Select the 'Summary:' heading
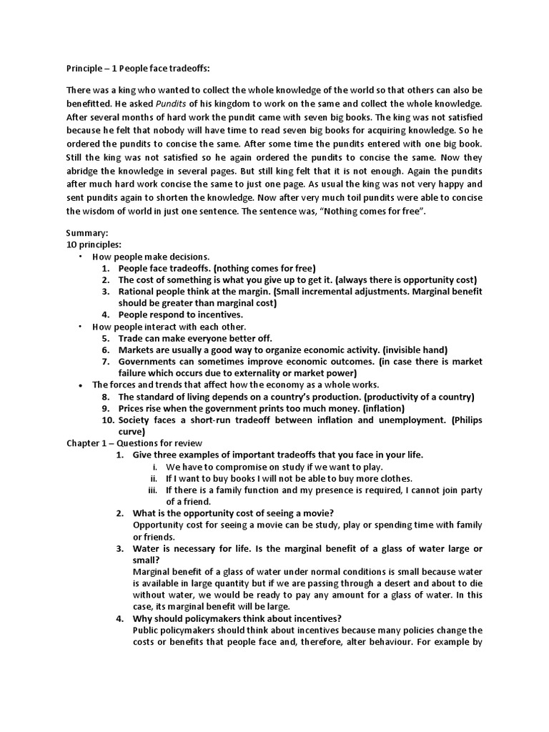click(x=87, y=234)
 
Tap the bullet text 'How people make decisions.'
click(x=151, y=257)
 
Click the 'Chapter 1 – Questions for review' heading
click(x=135, y=443)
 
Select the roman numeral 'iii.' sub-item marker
click(x=152, y=490)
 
